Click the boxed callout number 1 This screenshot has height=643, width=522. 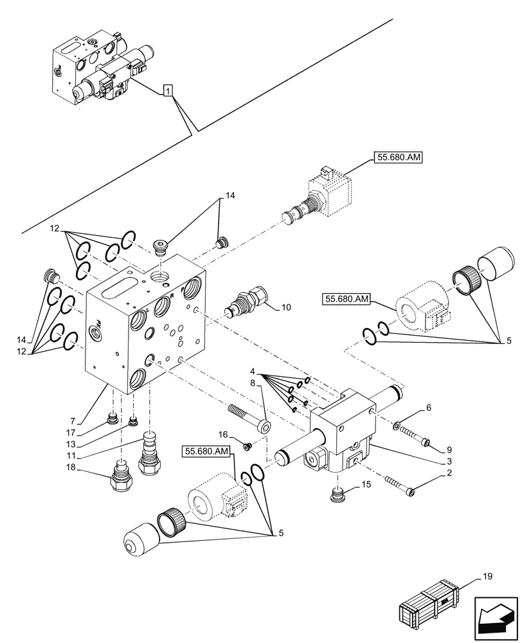[x=167, y=92]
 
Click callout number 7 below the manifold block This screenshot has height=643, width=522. [x=73, y=421]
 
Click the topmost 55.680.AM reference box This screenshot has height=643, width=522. [x=397, y=157]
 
